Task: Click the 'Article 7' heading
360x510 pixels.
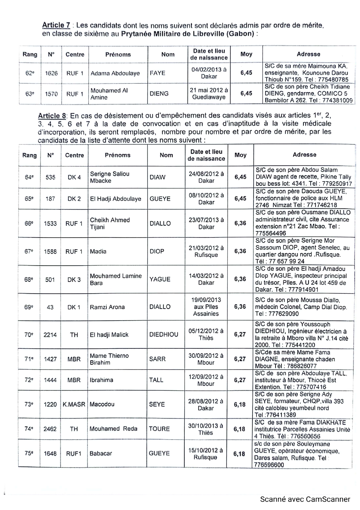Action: point(56,25)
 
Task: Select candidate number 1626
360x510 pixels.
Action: point(51,73)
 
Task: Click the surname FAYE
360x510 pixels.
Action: point(157,73)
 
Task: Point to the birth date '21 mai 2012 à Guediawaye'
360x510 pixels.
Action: point(209,94)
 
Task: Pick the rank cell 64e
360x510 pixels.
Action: point(29,177)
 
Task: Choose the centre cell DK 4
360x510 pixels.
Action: point(74,177)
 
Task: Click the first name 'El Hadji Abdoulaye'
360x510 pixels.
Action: point(116,199)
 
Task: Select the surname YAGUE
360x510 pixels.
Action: point(160,279)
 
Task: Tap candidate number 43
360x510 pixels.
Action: point(50,307)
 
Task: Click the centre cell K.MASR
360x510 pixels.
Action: point(74,404)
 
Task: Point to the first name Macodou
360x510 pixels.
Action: point(102,404)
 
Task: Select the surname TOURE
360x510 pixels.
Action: point(159,429)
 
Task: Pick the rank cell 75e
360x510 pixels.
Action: point(29,453)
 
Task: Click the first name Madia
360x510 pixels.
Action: point(98,251)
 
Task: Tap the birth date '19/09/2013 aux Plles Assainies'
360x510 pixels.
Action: point(206,307)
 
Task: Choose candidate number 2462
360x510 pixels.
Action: point(50,429)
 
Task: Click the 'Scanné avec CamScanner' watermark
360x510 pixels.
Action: point(305,499)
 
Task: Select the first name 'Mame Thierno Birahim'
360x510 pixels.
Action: point(109,359)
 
